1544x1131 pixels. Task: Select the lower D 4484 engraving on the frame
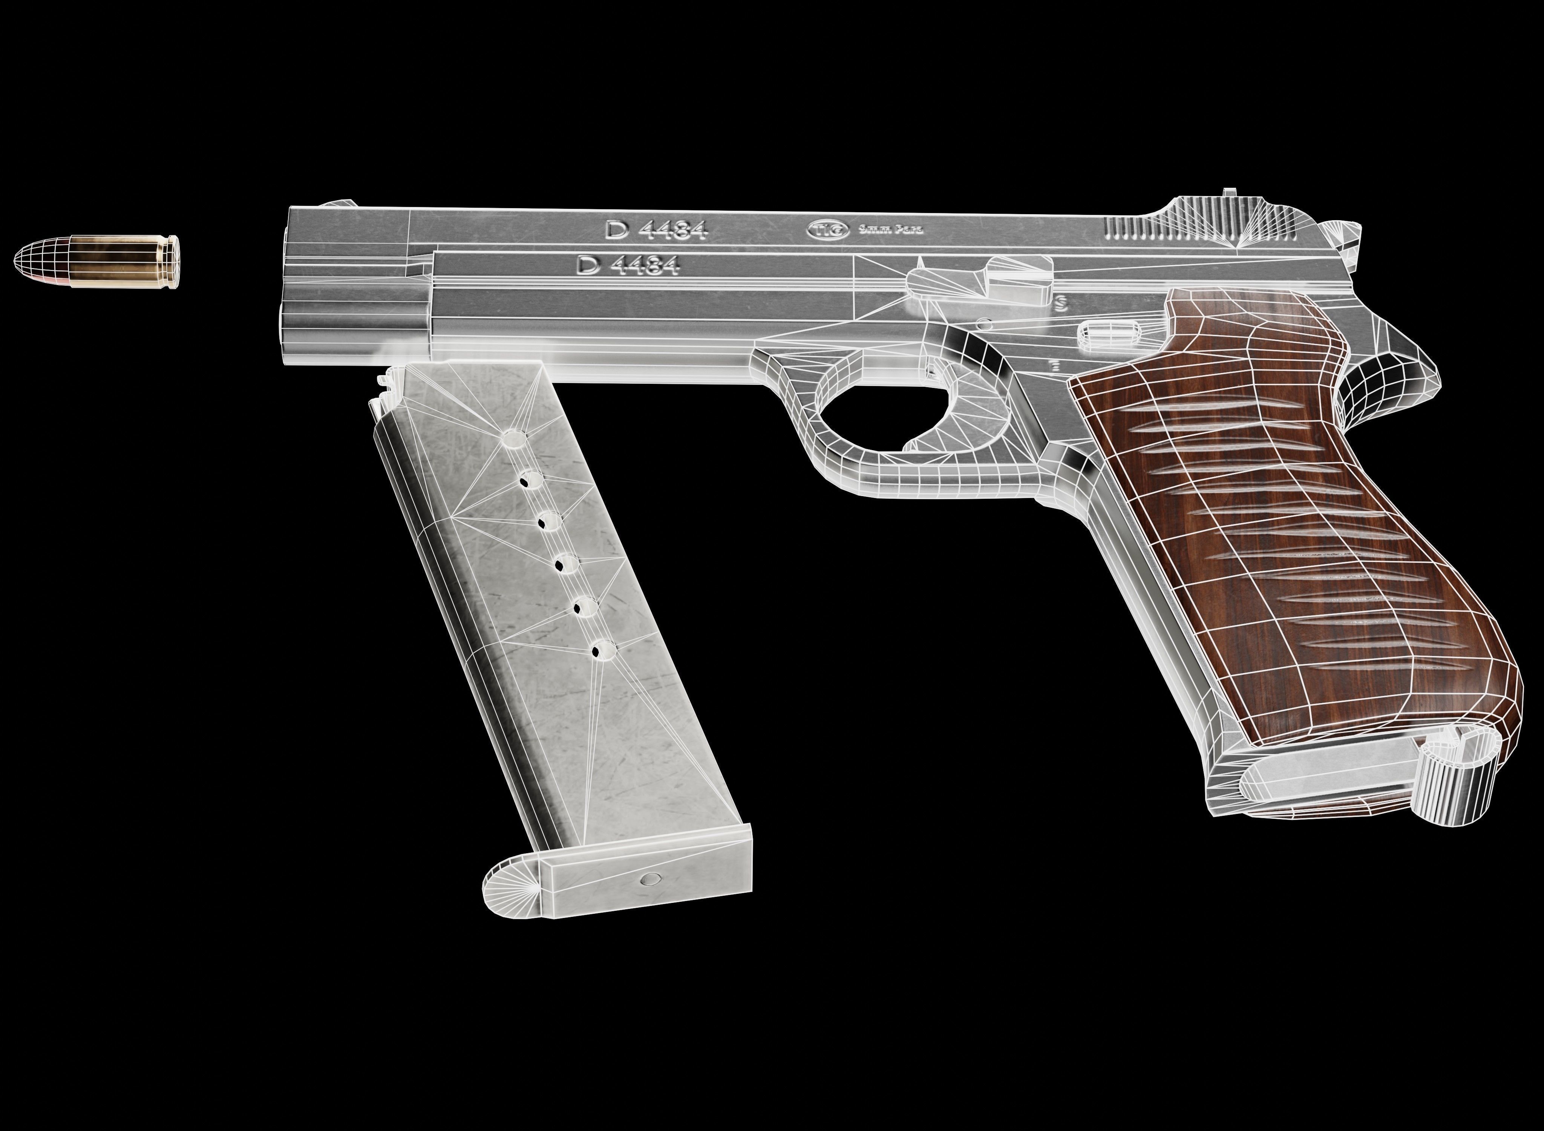coord(628,265)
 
